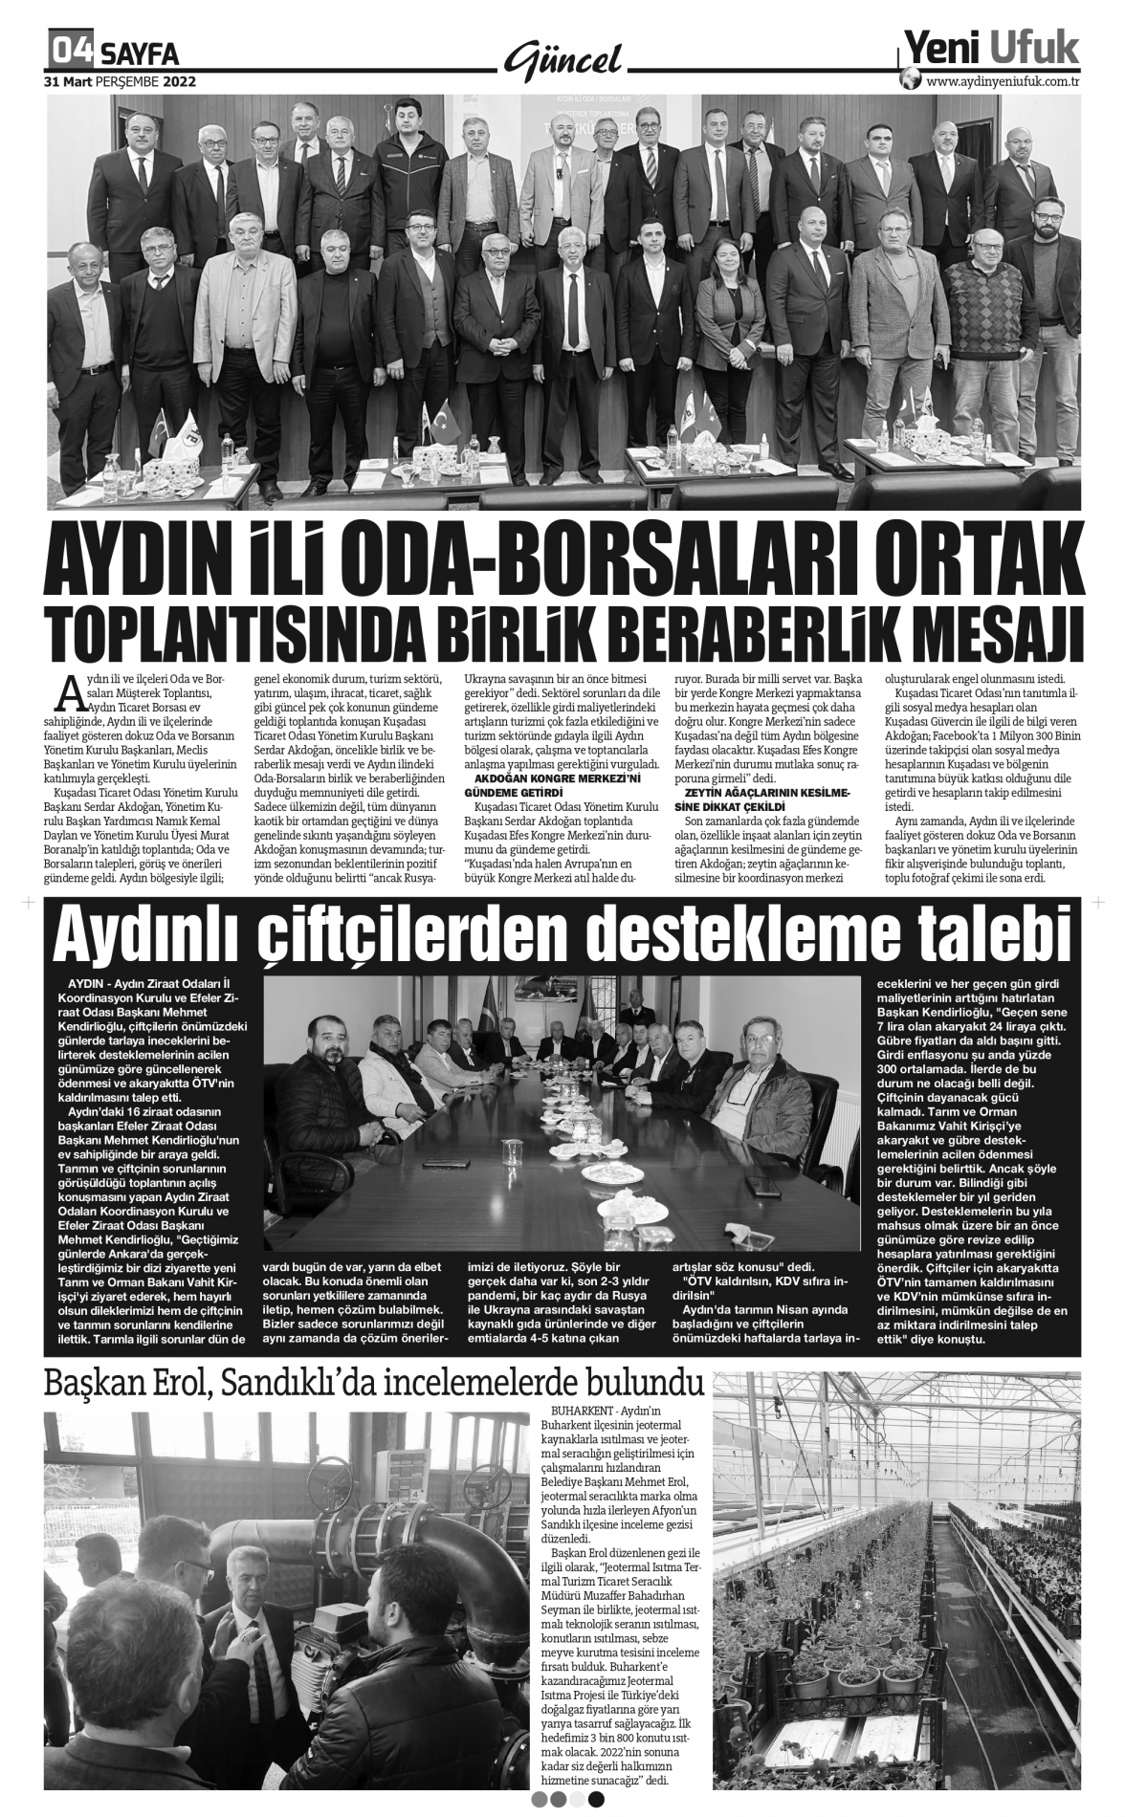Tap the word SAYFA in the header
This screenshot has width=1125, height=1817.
[139, 52]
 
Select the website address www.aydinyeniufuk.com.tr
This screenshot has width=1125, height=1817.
[1004, 81]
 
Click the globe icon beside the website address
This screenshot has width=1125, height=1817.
[911, 80]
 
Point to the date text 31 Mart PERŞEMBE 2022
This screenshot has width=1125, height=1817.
[120, 82]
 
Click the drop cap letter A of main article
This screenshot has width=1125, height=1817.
[68, 689]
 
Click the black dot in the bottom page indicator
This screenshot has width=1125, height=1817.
[596, 1798]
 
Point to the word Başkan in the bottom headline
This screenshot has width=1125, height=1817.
[89, 1383]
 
